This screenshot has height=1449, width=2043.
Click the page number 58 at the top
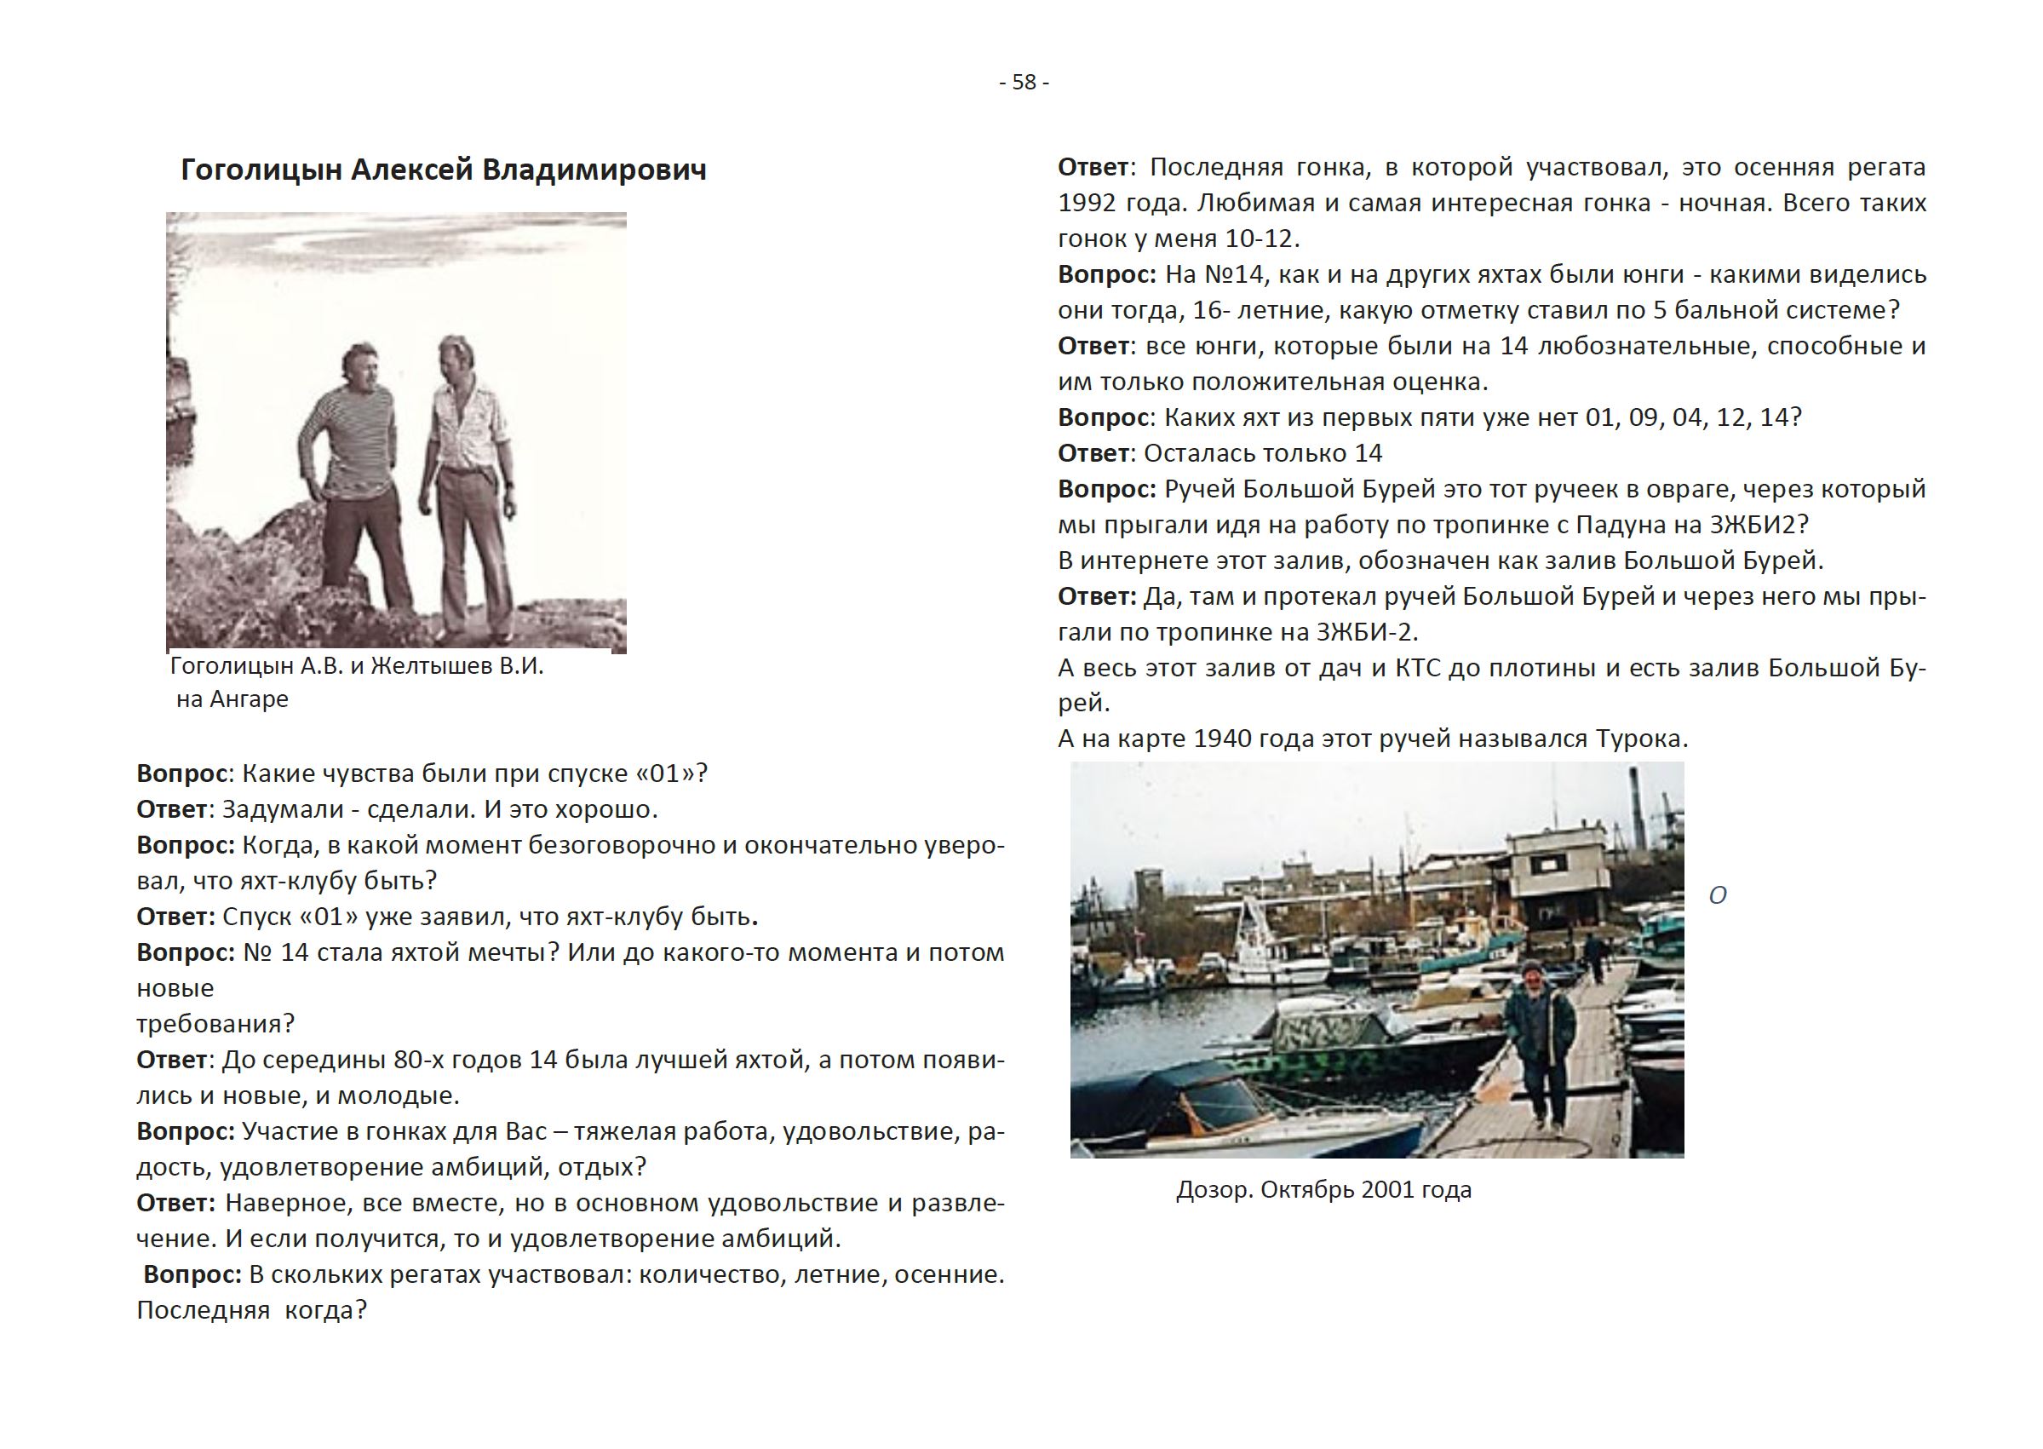coord(1024,82)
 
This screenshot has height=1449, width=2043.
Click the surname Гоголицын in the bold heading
coord(261,170)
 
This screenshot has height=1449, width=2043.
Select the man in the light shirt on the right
coord(470,473)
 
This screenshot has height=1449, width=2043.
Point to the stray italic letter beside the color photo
coord(1718,896)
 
